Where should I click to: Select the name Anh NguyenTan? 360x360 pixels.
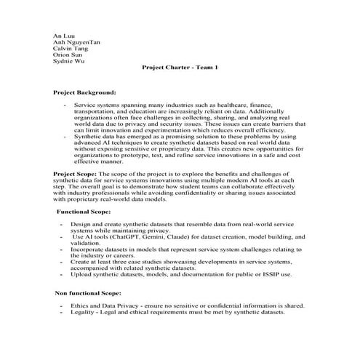[77, 42]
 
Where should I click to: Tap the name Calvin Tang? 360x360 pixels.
[70, 49]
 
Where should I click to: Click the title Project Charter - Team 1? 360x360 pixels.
[180, 68]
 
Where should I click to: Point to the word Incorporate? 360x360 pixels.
[88, 249]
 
